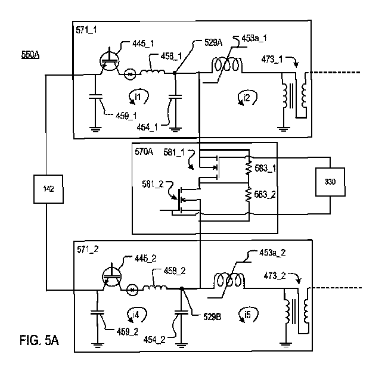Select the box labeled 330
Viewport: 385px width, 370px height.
330,182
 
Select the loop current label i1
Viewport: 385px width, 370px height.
136,95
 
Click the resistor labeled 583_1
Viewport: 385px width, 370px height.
247,167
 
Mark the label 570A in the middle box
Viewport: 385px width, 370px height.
145,152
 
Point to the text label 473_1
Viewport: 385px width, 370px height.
274,60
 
